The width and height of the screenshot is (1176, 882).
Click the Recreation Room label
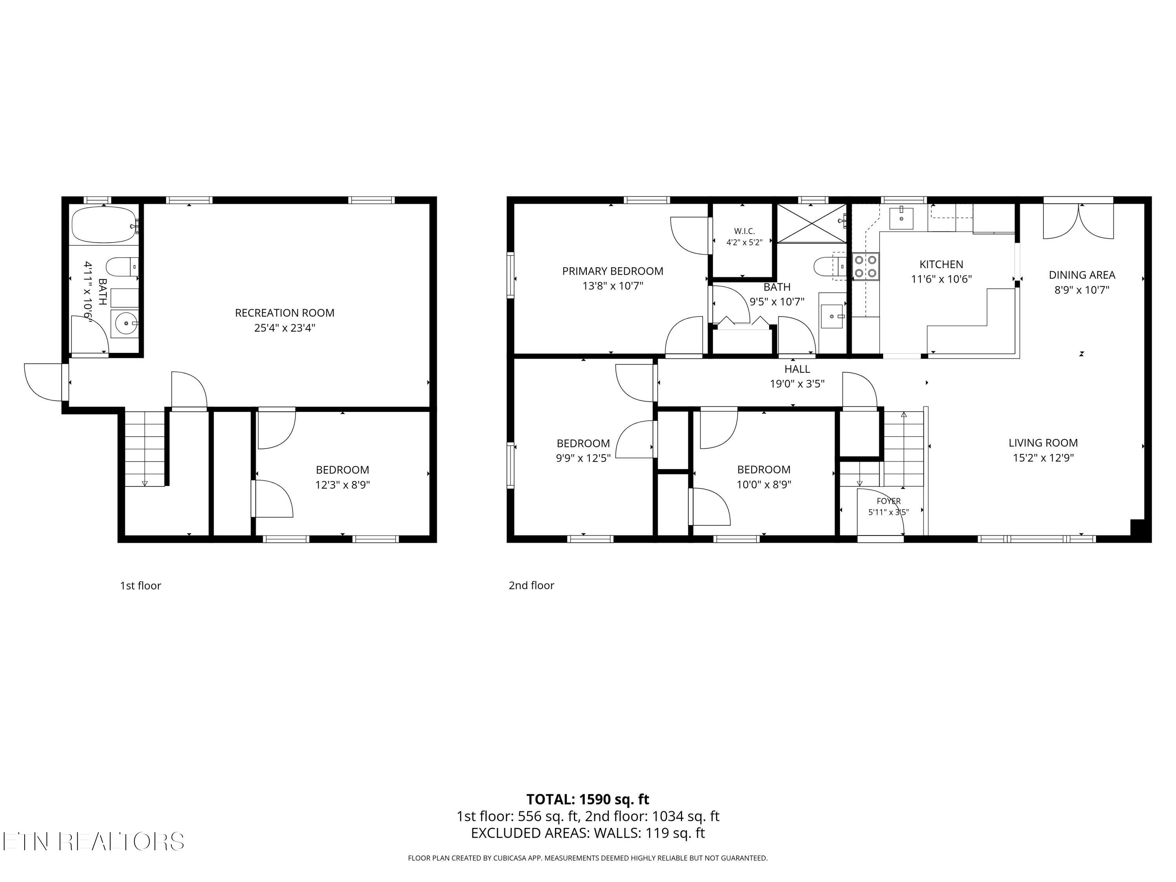(285, 313)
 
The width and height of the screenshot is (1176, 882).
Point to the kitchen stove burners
(866, 266)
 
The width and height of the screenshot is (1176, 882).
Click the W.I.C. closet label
(744, 231)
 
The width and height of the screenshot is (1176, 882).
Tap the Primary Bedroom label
(612, 271)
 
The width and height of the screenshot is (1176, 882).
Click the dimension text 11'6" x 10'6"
(941, 279)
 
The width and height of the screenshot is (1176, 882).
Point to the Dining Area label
(1082, 275)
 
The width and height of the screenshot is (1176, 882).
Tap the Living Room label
(1043, 443)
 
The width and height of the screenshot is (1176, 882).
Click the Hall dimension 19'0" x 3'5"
(797, 384)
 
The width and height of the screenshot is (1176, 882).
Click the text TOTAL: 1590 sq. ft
(588, 799)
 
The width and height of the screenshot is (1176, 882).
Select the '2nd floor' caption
(531, 585)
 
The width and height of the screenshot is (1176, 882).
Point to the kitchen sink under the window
(901, 218)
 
